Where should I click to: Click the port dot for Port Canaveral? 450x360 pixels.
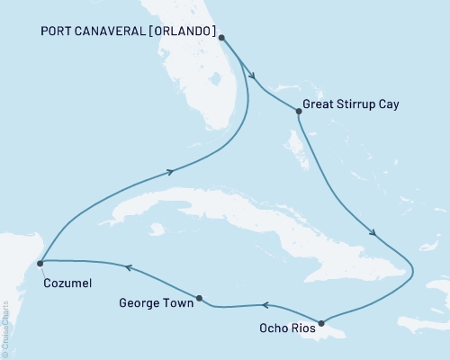(x=222, y=39)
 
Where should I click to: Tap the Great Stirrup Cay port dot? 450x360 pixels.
(x=298, y=112)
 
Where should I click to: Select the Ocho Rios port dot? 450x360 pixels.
(x=321, y=322)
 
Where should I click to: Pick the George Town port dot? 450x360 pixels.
(x=199, y=298)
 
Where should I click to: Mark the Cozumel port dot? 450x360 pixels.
(x=40, y=264)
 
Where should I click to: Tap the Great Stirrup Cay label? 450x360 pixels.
(x=352, y=104)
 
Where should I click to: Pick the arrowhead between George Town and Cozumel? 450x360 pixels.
(x=128, y=267)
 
